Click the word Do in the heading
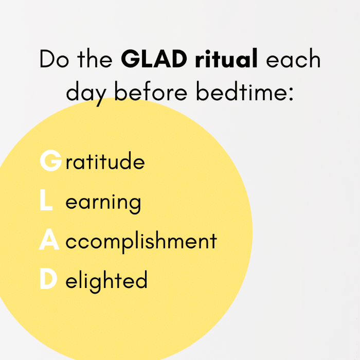[x=54, y=59]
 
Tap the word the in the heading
[x=95, y=58]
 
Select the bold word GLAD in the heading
[x=154, y=59]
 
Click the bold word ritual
[x=226, y=58]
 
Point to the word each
[x=293, y=58]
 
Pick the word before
[x=151, y=91]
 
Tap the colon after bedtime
[x=291, y=94]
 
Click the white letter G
[x=51, y=160]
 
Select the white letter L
[x=46, y=200]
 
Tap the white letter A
[x=49, y=239]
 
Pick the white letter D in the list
[x=48, y=279]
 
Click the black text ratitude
[x=105, y=160]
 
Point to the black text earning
[x=103, y=204]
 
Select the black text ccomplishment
[x=141, y=242]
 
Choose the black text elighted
[x=106, y=281]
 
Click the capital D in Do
[x=47, y=59]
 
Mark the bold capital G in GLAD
[x=131, y=59]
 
